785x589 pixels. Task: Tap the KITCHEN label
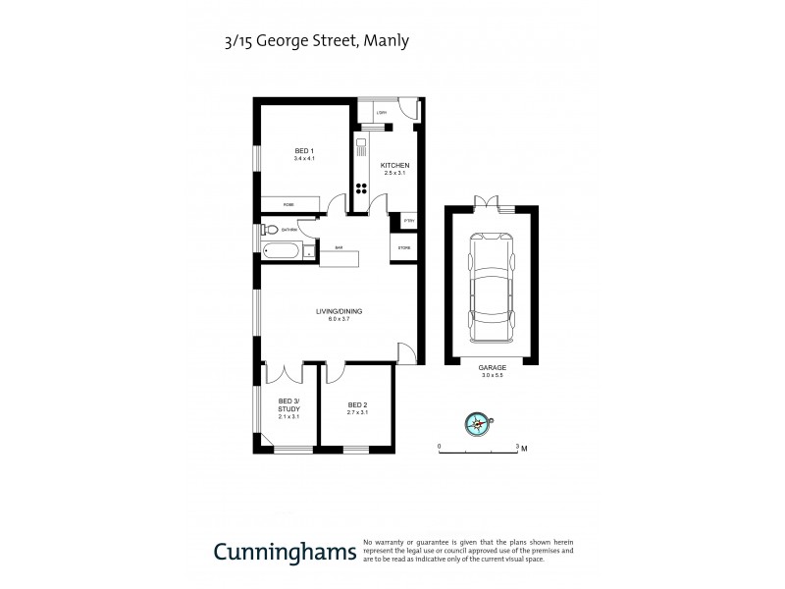coord(382,165)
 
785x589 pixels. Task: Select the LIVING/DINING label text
coord(339,311)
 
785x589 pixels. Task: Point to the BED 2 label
coord(357,404)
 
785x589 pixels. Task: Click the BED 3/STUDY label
coord(288,405)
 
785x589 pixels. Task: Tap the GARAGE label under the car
coord(492,367)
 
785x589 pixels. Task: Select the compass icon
coord(477,423)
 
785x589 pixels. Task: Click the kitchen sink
coord(360,152)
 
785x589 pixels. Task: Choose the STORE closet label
coord(403,248)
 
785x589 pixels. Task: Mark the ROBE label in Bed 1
coord(288,203)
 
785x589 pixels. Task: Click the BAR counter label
coord(339,247)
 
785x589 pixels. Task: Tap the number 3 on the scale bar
coord(517,447)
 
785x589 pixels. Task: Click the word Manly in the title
coord(389,41)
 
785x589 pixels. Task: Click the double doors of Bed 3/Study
coord(288,372)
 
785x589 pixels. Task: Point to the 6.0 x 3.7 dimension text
coord(339,319)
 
